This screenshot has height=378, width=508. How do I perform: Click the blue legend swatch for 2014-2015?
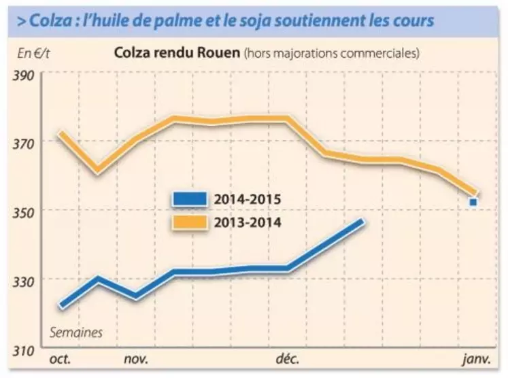click(189, 200)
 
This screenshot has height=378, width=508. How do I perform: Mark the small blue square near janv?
click(473, 202)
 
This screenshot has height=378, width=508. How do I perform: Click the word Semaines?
click(75, 333)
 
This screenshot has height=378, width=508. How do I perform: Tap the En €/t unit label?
click(29, 52)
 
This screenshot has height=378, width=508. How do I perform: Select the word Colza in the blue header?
click(48, 21)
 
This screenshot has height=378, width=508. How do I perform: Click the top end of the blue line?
click(363, 222)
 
